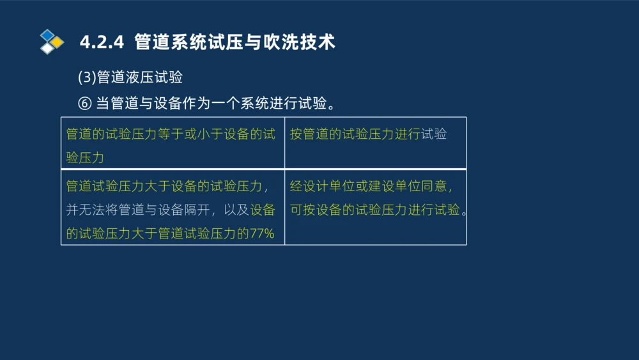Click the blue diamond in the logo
pyautogui.click(x=47, y=35)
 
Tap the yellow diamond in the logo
pyautogui.click(x=58, y=42)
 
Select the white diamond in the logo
pyautogui.click(x=47, y=48)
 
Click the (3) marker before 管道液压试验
pyautogui.click(x=86, y=77)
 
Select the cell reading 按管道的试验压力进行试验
pyautogui.click(x=368, y=134)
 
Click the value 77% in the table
pyautogui.click(x=262, y=233)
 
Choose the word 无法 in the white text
pyautogui.click(x=93, y=210)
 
